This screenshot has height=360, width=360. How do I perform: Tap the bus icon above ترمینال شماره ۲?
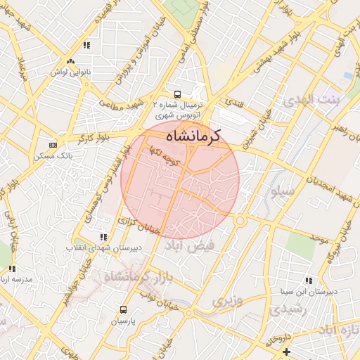(176, 94)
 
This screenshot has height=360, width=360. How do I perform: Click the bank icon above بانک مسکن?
(51, 144)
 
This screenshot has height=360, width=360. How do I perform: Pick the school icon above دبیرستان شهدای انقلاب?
(104, 237)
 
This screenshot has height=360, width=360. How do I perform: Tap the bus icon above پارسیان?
(124, 309)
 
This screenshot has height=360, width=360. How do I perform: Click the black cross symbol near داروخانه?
(286, 351)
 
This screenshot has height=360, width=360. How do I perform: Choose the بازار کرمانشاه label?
(134, 276)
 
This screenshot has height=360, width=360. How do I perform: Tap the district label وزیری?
(226, 302)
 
